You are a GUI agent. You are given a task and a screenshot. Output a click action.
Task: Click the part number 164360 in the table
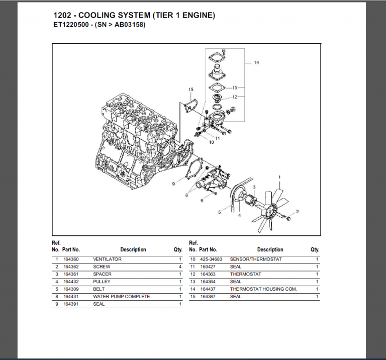(70, 259)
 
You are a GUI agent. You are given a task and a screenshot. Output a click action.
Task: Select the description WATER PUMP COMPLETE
(121, 297)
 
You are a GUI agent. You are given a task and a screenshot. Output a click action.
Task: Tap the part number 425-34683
(211, 259)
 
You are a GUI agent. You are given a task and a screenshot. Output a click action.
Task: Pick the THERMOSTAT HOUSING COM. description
(263, 289)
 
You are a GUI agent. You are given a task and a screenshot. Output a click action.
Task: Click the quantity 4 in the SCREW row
(179, 266)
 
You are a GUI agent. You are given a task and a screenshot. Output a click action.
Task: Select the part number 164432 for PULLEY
(70, 282)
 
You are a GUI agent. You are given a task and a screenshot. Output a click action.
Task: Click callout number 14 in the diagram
(256, 63)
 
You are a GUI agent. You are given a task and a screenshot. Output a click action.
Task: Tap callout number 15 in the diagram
(191, 89)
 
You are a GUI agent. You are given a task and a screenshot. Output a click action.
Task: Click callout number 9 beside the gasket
(173, 184)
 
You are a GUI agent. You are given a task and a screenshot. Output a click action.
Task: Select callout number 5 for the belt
(219, 212)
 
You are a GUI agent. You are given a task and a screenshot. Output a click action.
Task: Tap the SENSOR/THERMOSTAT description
(256, 259)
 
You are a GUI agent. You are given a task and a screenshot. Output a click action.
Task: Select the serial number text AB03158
(128, 25)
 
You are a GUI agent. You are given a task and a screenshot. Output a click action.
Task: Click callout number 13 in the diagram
(234, 87)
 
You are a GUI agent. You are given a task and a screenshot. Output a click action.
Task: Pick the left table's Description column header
(133, 249)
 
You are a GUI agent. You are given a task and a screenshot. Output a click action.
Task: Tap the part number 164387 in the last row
(208, 297)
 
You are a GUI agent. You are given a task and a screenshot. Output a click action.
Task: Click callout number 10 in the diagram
(211, 142)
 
